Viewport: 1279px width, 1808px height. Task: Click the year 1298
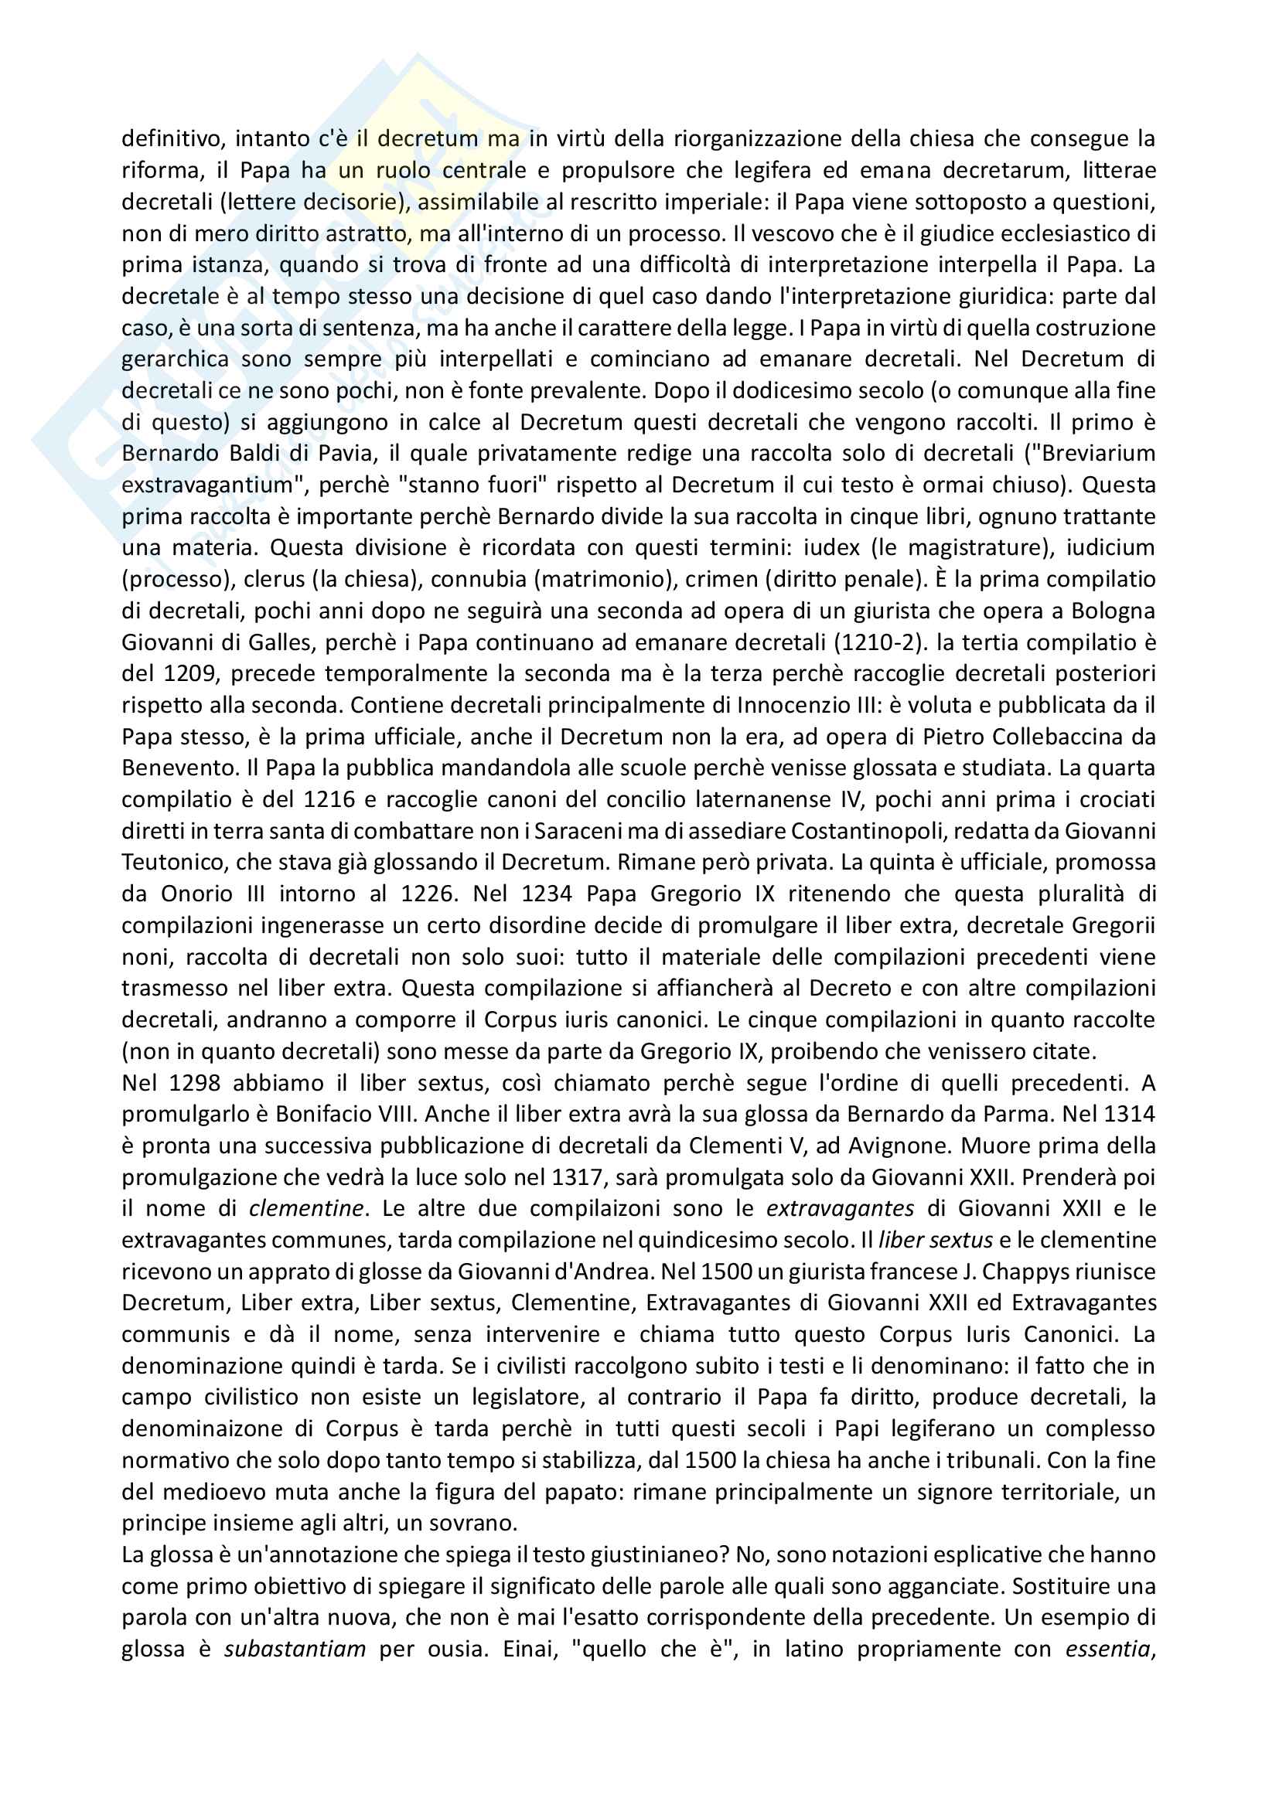click(x=195, y=1084)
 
